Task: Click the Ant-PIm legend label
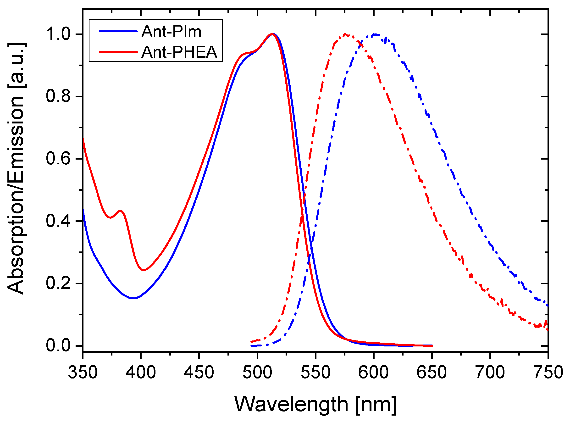click(x=171, y=32)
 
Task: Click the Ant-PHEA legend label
click(x=179, y=52)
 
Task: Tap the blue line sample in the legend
click(x=118, y=31)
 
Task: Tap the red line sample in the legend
click(x=118, y=52)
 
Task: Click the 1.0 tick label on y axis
click(x=58, y=34)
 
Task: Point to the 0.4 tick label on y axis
click(x=58, y=221)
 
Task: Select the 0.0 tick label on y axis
click(x=58, y=345)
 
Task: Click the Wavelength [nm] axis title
click(x=315, y=404)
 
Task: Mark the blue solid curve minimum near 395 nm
click(x=134, y=298)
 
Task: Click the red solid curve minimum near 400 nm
click(x=144, y=270)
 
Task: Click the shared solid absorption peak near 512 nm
click(x=272, y=34)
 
